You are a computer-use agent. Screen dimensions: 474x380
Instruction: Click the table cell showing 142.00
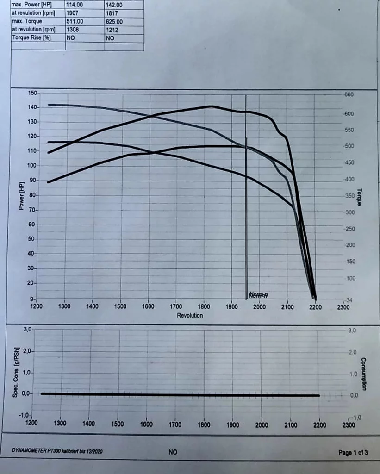point(113,5)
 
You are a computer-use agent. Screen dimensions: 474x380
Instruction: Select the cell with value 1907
point(73,13)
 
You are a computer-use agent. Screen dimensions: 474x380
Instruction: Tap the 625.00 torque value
point(114,22)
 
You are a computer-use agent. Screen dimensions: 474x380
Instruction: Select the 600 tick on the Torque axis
point(348,114)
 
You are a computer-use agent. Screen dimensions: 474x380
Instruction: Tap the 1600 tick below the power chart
point(149,306)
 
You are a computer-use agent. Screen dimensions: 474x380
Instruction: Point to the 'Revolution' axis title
point(190,316)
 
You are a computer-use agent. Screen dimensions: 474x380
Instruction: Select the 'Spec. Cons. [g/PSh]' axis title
point(16,372)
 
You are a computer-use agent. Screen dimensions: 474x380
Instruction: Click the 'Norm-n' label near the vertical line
point(258,295)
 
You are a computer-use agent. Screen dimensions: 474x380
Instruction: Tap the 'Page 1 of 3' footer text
point(353,452)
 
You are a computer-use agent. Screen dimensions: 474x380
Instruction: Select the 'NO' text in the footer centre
point(173,452)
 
